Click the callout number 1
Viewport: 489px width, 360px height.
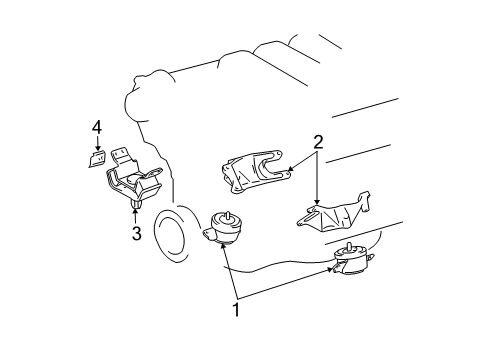(x=237, y=311)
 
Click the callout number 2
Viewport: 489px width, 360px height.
(x=317, y=143)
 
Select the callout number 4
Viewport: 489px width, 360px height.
(x=97, y=126)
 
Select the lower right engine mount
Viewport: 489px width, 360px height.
(x=355, y=267)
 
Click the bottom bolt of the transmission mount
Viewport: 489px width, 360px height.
(x=134, y=207)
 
